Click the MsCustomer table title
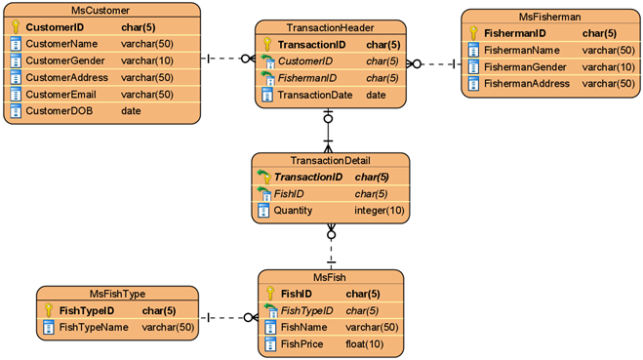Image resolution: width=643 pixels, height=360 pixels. tap(95, 10)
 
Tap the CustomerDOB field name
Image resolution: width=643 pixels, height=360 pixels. tap(58, 110)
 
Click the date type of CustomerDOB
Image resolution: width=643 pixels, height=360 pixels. tap(131, 110)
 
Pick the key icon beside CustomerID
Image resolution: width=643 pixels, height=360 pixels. tap(15, 27)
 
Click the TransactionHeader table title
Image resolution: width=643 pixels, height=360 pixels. tap(331, 27)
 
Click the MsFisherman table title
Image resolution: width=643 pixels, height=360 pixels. tap(551, 16)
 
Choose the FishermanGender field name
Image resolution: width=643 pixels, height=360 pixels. tap(528, 66)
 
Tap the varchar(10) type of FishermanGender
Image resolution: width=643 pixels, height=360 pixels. tap(609, 66)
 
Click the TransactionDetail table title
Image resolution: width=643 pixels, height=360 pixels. tap(331, 160)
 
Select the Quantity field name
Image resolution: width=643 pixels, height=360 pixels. tap(294, 210)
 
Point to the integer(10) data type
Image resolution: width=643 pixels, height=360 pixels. tap(380, 210)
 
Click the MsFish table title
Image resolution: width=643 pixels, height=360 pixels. tap(331, 277)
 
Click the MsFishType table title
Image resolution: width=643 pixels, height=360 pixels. tap(117, 294)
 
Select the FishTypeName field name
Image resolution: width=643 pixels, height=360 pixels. tap(94, 327)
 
